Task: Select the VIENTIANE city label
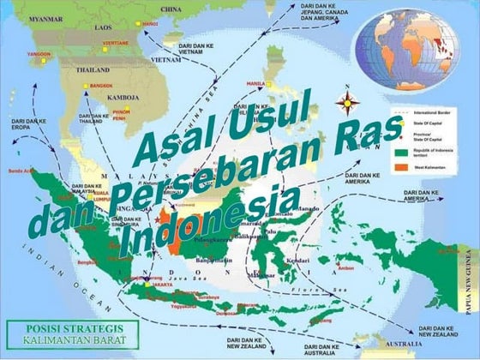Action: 116,42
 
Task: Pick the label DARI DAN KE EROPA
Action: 28,126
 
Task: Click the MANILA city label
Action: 255,83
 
